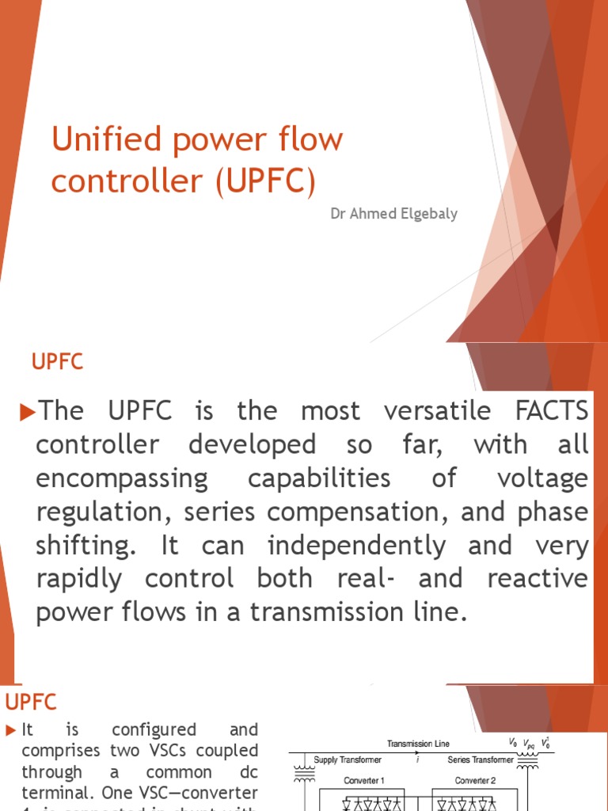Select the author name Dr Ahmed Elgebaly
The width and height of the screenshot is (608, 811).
(x=393, y=214)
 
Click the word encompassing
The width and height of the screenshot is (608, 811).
(x=122, y=478)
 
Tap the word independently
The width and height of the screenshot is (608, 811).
(x=356, y=546)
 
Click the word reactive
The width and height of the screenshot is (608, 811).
(x=538, y=579)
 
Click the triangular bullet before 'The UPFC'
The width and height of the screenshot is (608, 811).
(x=28, y=411)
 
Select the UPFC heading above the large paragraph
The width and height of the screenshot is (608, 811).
(x=57, y=363)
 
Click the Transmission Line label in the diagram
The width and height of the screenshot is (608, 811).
(x=418, y=744)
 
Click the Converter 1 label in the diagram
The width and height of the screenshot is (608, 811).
(x=364, y=781)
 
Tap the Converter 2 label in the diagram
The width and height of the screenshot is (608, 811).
(x=475, y=781)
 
